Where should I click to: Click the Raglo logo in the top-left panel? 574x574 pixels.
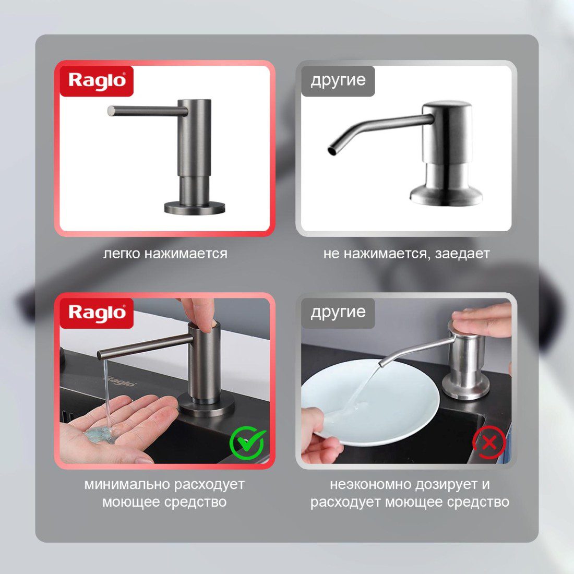[x=97, y=81]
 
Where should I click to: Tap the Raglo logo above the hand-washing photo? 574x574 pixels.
[x=97, y=313]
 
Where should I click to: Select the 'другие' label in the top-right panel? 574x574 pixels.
[x=338, y=81]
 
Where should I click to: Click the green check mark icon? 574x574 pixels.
[x=247, y=444]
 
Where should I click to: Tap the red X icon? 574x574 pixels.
[x=489, y=442]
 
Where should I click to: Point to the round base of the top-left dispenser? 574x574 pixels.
[x=194, y=208]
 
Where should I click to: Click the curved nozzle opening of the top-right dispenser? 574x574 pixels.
[x=332, y=150]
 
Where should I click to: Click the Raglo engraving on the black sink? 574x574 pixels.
[x=122, y=381]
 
